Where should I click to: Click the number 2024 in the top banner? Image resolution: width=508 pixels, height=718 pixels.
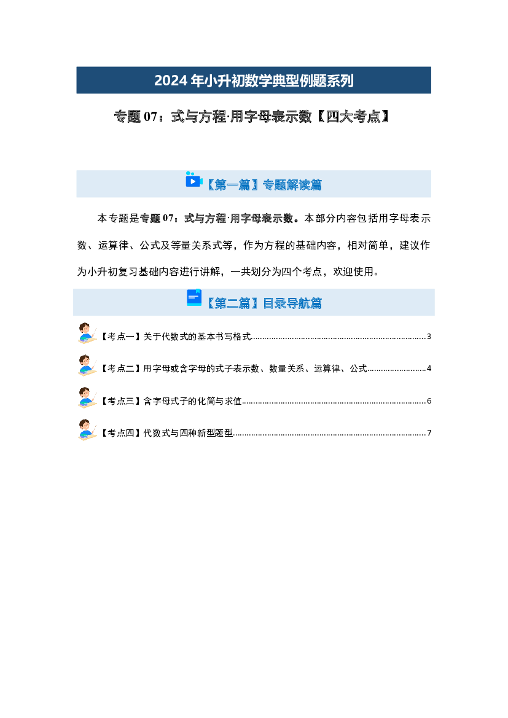pos(171,80)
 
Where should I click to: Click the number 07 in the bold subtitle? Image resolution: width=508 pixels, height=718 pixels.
pos(150,117)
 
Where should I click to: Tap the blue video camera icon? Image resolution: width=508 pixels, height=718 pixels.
pos(193,180)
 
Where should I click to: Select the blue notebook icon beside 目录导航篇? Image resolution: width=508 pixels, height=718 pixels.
pos(194,298)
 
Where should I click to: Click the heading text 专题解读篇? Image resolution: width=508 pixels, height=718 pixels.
pos(292,184)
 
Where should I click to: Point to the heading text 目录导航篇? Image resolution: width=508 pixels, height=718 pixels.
pos(292,303)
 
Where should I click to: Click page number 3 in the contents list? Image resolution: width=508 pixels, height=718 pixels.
pos(429,337)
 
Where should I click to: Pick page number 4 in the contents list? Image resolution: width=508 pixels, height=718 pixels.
pos(429,368)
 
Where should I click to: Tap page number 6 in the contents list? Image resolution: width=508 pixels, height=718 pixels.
pos(429,400)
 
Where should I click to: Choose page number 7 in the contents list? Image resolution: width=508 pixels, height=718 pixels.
pos(429,433)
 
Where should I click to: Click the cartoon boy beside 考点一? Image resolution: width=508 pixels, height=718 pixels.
pos(87,333)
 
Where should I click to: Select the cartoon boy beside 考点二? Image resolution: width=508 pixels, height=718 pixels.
pos(87,365)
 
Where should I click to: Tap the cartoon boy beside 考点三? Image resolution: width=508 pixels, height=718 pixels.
pos(87,397)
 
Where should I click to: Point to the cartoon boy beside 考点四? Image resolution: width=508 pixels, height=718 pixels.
pos(87,429)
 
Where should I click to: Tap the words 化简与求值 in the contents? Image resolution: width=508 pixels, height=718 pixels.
pos(219,400)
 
